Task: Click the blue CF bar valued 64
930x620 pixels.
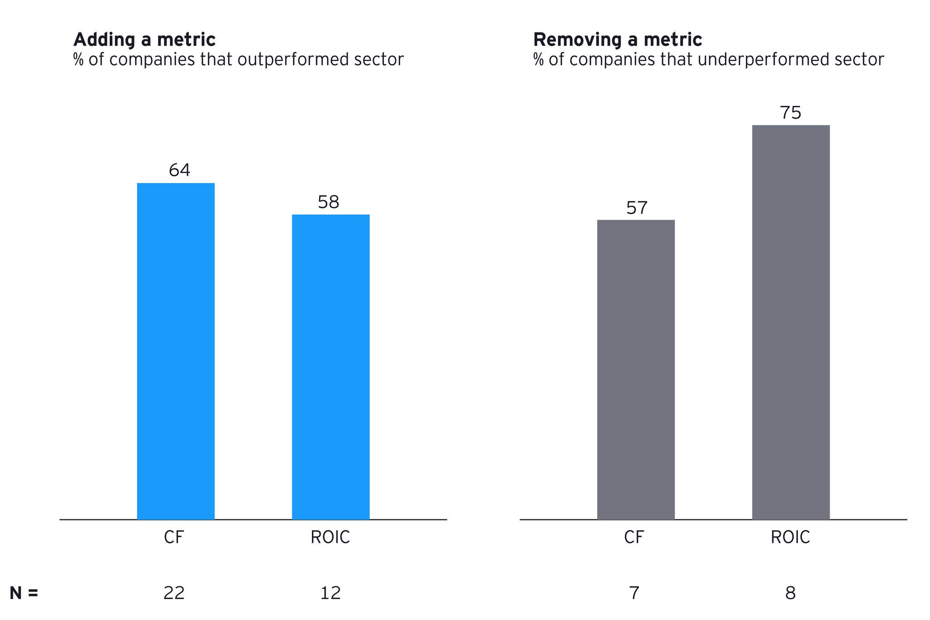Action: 176,351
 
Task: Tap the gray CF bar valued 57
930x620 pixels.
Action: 636,369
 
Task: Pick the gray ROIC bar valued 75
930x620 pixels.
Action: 791,322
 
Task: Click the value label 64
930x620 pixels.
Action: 179,170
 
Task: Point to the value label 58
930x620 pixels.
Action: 328,202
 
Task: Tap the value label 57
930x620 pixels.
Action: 637,208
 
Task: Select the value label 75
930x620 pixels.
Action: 791,113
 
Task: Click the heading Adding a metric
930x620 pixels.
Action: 144,40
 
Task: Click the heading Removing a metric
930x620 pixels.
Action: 618,40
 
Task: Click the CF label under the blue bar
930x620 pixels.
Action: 173,537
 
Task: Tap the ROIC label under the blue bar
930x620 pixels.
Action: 330,537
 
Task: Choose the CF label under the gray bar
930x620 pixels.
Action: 634,537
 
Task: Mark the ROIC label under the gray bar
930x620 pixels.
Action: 790,537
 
